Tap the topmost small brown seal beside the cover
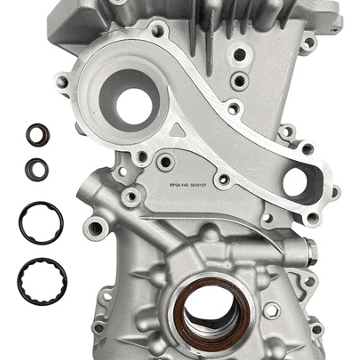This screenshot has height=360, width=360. click(x=38, y=135)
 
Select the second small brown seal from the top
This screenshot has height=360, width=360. click(x=36, y=169)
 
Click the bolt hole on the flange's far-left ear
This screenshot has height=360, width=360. click(x=62, y=82)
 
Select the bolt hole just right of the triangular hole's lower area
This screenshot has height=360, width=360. click(x=165, y=162)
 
